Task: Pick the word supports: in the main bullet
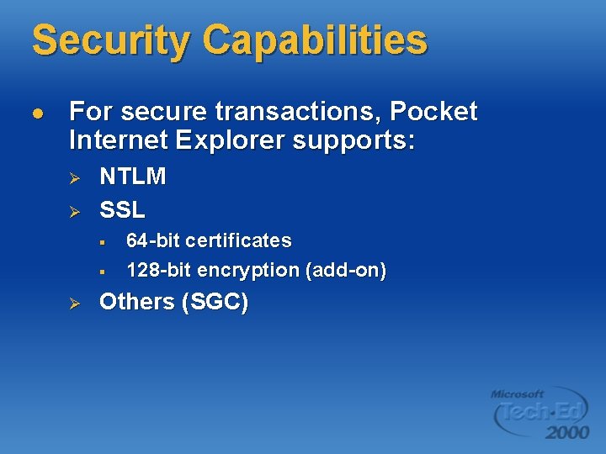[x=353, y=140]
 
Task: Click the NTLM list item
[x=133, y=177]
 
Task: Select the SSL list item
[x=122, y=208]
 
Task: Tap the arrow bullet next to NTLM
[x=73, y=177]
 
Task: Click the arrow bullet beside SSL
[x=73, y=209]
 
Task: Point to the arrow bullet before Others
[x=73, y=303]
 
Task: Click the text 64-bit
[x=153, y=240]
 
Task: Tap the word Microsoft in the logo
[x=518, y=393]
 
